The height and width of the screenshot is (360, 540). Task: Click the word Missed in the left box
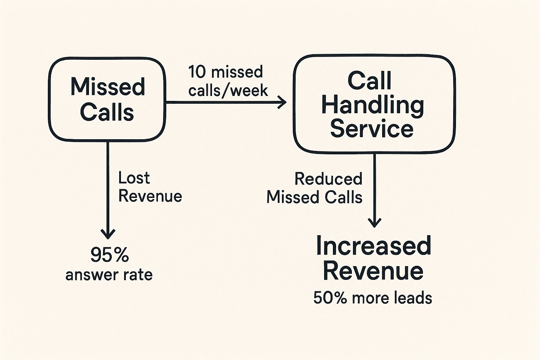(x=108, y=86)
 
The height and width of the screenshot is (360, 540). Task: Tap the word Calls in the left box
(x=107, y=112)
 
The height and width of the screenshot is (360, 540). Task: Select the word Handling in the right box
(x=373, y=105)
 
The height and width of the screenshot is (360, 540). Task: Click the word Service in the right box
(x=372, y=129)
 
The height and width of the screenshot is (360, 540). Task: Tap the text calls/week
(x=228, y=91)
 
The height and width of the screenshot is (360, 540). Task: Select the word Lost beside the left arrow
(x=134, y=178)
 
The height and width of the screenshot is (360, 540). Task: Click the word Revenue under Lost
(x=150, y=196)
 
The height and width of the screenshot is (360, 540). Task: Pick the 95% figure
(x=109, y=255)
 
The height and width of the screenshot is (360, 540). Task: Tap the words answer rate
(x=109, y=275)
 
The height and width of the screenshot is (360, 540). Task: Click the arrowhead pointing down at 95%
(x=108, y=233)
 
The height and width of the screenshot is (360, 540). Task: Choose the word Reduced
(x=328, y=179)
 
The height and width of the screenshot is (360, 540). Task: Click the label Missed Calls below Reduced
(x=314, y=197)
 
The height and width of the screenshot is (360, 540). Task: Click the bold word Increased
(x=373, y=246)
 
